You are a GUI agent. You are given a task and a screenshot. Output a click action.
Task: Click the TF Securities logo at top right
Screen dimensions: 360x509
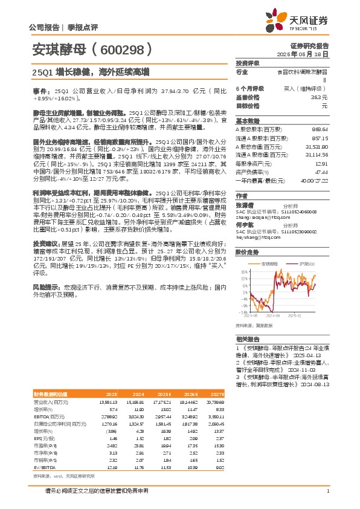coord(308,22)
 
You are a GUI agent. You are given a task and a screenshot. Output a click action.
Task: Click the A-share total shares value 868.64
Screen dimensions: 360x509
coord(320,129)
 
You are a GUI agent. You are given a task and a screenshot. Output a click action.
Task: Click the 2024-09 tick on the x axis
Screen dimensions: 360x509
coord(271,315)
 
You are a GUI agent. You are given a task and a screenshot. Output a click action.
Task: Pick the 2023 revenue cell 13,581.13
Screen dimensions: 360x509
coord(110,401)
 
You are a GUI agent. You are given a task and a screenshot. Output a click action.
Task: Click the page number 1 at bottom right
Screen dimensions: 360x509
coord(327,490)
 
